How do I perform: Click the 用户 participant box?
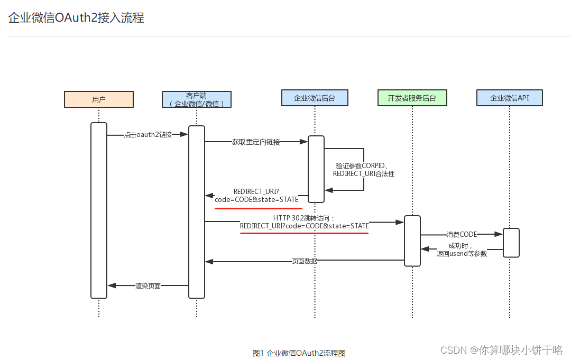[99, 99]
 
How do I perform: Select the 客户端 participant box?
[196, 99]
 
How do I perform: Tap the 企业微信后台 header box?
[315, 98]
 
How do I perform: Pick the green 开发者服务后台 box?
[412, 98]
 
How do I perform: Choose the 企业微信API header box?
[509, 98]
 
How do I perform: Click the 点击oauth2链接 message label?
[148, 135]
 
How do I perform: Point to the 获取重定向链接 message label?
[256, 142]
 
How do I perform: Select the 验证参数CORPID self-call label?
[364, 169]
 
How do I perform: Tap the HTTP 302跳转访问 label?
[304, 221]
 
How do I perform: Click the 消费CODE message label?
[461, 234]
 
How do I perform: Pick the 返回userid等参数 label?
[462, 250]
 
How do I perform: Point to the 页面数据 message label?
[305, 261]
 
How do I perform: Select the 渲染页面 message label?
[148, 286]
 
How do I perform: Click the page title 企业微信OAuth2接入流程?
[76, 18]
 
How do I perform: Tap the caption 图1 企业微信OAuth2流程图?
[299, 353]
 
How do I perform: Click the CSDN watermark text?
[501, 349]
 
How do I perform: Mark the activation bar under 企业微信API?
[511, 243]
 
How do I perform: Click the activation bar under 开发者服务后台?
[412, 241]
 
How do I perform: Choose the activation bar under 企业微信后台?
[316, 169]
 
